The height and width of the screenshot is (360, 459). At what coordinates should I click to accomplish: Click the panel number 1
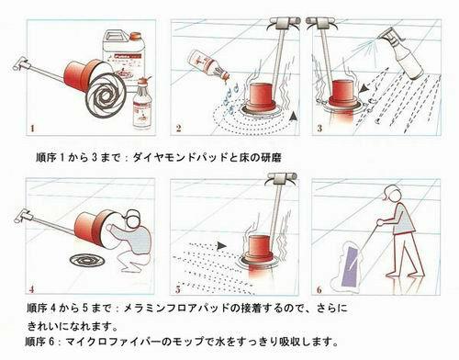pos(32,128)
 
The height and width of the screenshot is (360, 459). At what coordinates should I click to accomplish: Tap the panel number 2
pos(179,128)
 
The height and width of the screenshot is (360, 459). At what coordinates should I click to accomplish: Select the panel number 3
pos(319,128)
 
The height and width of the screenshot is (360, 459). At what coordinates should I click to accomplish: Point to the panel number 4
pos(32,289)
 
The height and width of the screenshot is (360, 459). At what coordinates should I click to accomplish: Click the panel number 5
pos(178,289)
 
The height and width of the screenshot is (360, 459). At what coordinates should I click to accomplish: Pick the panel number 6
pos(319,289)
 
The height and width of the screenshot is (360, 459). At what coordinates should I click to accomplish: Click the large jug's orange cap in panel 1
pos(135,37)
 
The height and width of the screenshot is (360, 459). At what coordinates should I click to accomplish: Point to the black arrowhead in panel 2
pos(293,116)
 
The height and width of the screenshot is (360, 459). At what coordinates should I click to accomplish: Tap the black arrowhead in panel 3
pos(364,89)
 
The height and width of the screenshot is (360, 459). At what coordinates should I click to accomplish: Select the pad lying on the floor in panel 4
pos(87,261)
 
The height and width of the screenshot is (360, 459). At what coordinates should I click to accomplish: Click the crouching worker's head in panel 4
pos(132,219)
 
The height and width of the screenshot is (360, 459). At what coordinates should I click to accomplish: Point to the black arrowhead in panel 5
pos(222,245)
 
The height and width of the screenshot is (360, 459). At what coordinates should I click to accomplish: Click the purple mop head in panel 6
pos(353,267)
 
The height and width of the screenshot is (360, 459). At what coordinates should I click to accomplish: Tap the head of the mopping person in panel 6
pos(392,194)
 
